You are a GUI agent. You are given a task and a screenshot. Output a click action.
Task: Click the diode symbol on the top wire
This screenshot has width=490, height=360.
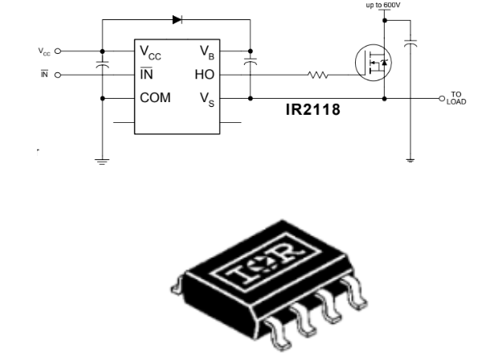point(177,18)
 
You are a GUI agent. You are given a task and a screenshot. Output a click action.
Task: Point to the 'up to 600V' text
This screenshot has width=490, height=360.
point(383,5)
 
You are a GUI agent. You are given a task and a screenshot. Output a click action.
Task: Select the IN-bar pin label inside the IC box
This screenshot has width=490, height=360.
point(147,75)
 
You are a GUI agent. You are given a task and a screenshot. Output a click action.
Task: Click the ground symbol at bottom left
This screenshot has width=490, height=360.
point(102,161)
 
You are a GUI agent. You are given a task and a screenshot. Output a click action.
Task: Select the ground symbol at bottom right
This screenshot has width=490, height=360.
point(410,161)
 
